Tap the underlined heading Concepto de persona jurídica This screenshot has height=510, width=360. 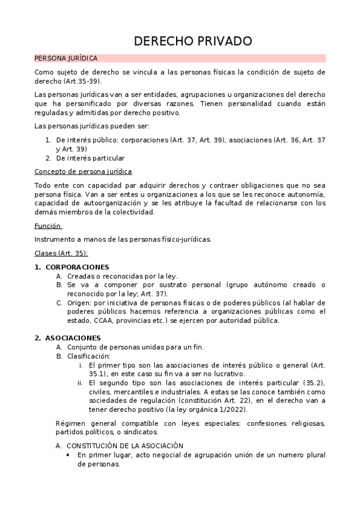click(x=83, y=171)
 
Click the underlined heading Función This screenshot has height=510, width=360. click(x=49, y=226)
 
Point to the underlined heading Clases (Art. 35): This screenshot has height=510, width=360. click(x=61, y=253)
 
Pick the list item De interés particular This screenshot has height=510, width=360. click(x=90, y=158)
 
